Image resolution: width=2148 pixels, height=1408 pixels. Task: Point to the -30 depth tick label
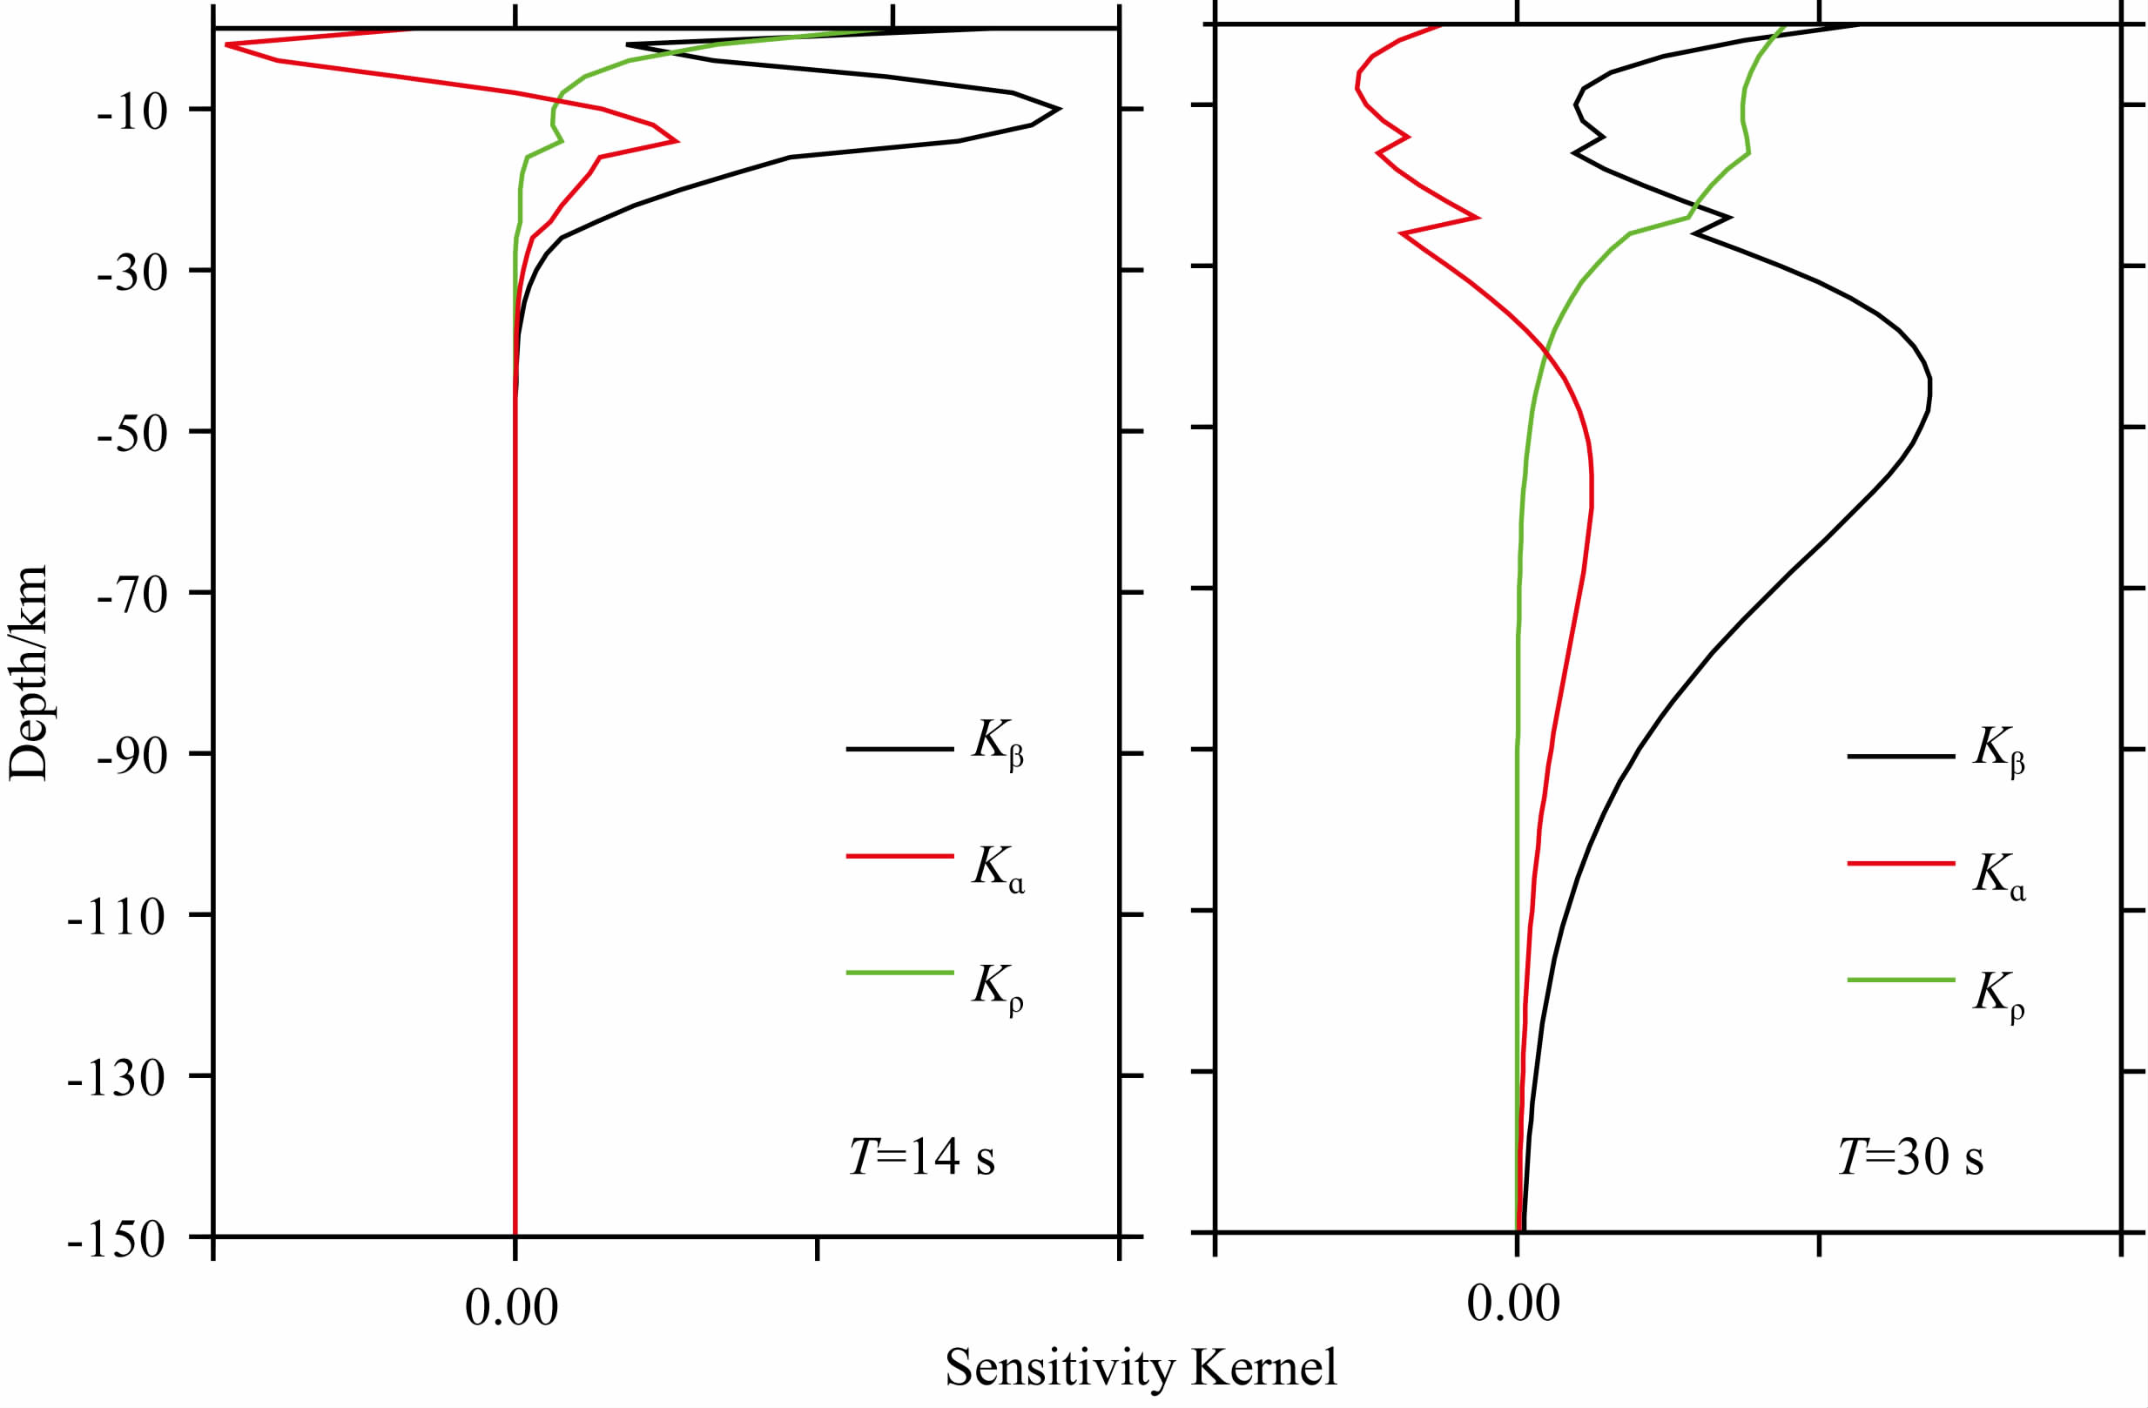(131, 273)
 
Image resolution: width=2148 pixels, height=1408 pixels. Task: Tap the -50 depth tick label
(131, 435)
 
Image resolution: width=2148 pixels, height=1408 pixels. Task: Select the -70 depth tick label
(131, 596)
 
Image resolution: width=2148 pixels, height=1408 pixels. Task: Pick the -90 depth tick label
(131, 758)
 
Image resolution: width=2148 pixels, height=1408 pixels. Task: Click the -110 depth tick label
(118, 918)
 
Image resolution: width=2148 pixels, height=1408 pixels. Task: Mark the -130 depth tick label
(118, 1079)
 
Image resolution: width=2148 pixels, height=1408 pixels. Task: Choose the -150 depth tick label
(118, 1240)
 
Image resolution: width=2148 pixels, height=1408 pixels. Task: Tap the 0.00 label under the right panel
(1513, 1304)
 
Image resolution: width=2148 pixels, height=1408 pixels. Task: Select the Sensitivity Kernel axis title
(1141, 1368)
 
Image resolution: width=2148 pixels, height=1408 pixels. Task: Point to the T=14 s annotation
(921, 1157)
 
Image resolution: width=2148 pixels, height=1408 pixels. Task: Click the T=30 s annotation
(1910, 1157)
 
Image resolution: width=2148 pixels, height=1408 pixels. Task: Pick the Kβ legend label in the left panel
(997, 745)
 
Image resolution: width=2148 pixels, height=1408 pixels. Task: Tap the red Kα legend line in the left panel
(899, 855)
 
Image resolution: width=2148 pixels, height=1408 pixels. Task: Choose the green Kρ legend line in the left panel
(899, 973)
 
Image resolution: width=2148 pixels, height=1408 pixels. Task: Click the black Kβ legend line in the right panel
(1901, 755)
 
